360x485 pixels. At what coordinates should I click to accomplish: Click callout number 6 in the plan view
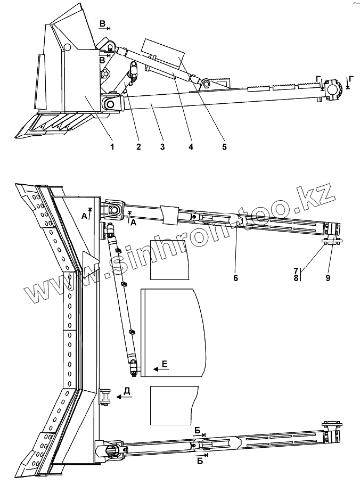point(235,277)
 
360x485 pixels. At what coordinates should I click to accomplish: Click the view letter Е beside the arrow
point(165,364)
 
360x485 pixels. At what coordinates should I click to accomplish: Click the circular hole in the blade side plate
point(68,47)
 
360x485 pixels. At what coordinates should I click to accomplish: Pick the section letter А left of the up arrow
point(84,216)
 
